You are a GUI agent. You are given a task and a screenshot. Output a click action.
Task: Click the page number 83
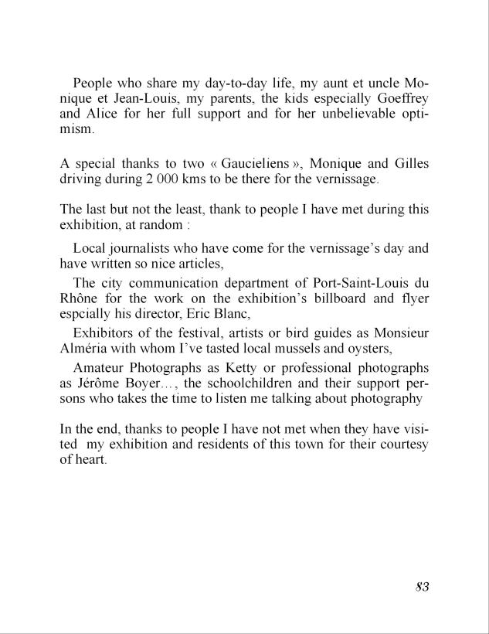click(x=421, y=587)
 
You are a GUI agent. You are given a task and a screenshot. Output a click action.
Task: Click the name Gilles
click(x=409, y=164)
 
